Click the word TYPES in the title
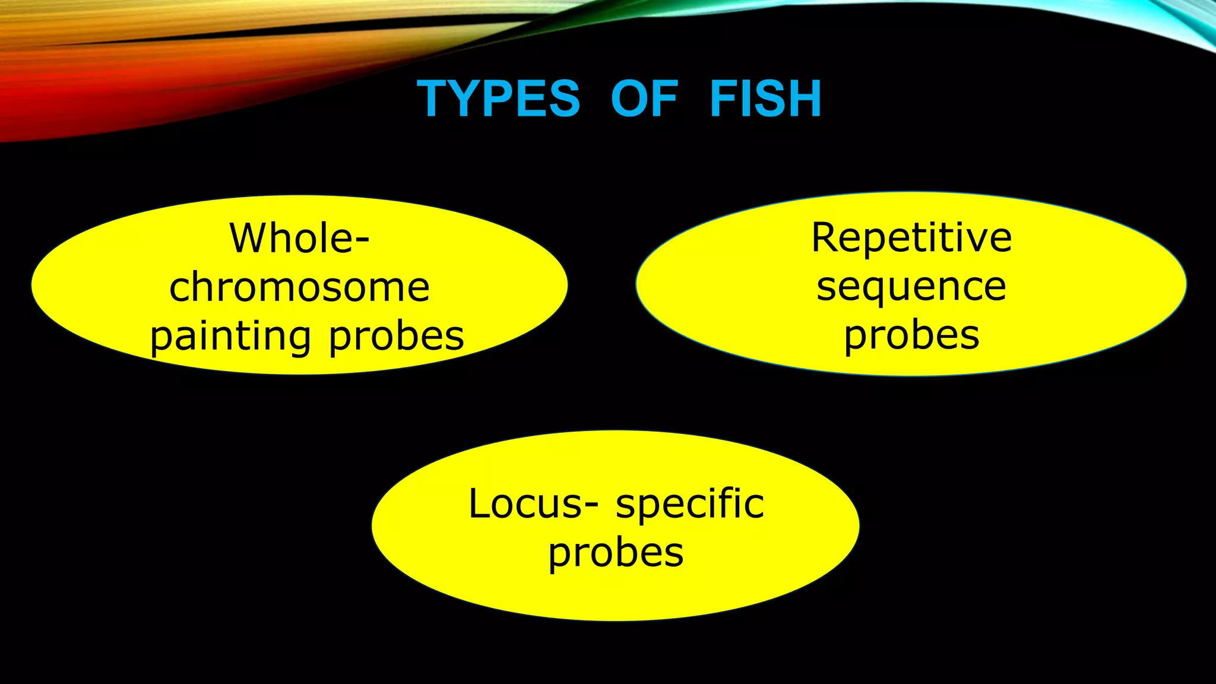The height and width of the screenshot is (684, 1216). [x=498, y=99]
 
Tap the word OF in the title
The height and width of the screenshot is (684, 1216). [x=644, y=99]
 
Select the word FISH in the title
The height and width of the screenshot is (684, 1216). [x=766, y=99]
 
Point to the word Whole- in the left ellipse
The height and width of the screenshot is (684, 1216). [x=299, y=238]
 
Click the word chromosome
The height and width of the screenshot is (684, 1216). [x=299, y=287]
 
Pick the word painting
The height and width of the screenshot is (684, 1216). [x=230, y=337]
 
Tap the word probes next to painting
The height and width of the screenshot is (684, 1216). [x=396, y=337]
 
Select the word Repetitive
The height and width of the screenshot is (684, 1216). [x=911, y=237]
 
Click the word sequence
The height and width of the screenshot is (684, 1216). [x=911, y=287]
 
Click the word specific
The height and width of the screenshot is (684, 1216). [x=690, y=505]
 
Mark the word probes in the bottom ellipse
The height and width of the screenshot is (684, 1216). [x=616, y=553]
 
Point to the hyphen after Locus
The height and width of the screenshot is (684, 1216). [x=591, y=507]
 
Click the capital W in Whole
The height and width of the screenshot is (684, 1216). [x=249, y=238]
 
